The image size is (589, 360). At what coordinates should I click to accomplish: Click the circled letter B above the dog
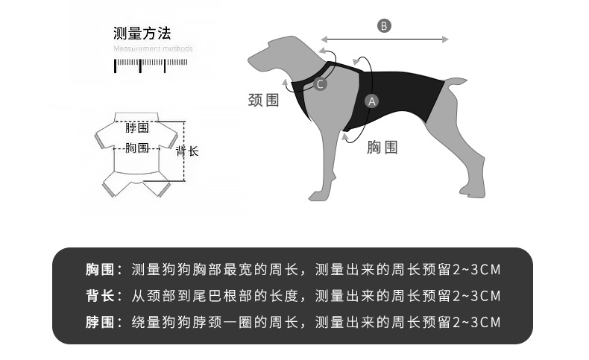click(x=384, y=26)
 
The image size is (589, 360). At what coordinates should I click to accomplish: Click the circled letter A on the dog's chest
click(x=372, y=101)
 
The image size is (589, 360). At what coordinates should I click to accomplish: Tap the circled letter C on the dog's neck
click(x=320, y=84)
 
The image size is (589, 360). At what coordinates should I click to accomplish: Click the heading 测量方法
click(x=142, y=34)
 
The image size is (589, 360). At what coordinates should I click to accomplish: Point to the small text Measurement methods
click(x=153, y=49)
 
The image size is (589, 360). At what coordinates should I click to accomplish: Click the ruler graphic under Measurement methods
click(x=141, y=65)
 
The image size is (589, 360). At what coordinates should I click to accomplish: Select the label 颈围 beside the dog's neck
click(x=263, y=100)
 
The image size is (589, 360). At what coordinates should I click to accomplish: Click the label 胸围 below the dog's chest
click(x=382, y=148)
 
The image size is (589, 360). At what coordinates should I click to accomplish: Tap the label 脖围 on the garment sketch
click(x=137, y=128)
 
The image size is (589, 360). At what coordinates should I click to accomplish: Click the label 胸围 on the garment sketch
click(x=137, y=148)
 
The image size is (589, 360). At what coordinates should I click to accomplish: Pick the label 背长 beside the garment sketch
click(x=187, y=151)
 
